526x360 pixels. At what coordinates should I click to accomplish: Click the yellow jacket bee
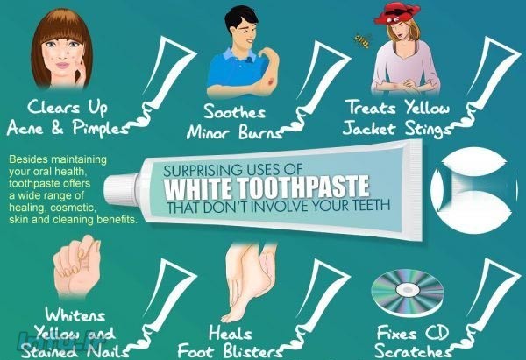click(362, 40)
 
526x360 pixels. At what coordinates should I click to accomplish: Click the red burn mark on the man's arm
click(271, 81)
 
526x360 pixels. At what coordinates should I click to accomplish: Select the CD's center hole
click(408, 288)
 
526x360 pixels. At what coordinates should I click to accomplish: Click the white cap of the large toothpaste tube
click(120, 190)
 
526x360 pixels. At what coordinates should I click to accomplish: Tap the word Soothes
click(234, 111)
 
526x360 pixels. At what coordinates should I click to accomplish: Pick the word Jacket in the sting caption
click(368, 129)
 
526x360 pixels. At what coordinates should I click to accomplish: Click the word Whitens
click(75, 314)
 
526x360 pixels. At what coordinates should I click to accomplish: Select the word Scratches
click(413, 351)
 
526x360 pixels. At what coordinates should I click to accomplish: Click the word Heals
click(230, 333)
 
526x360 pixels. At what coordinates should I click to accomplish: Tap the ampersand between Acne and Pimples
click(57, 129)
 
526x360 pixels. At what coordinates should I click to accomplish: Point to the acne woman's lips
click(61, 64)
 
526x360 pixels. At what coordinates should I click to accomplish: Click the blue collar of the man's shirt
click(235, 54)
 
